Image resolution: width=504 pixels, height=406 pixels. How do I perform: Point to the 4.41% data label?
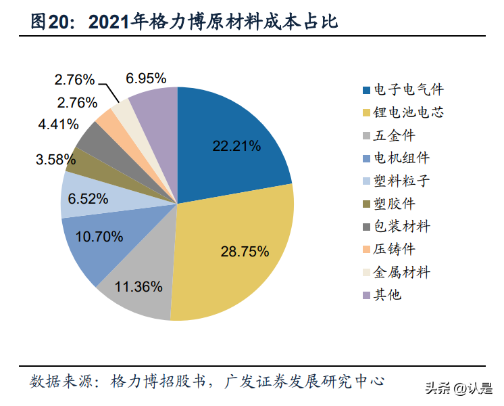[x=58, y=125]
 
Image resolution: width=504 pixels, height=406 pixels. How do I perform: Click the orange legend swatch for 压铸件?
[x=366, y=250]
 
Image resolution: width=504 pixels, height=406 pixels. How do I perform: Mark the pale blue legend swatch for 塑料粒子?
[x=366, y=181]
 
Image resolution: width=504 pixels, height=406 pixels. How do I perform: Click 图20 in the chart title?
[x=52, y=22]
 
